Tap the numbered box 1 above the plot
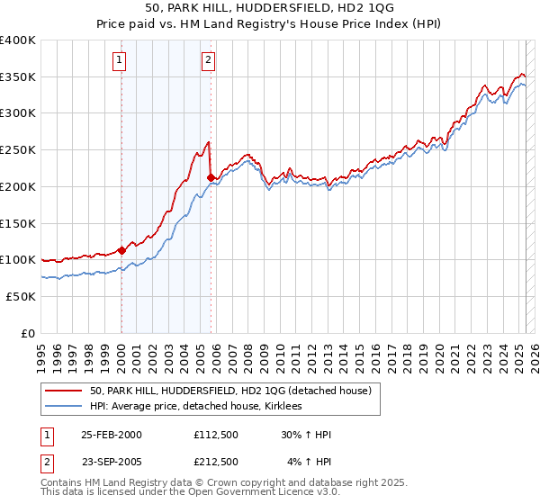(x=120, y=60)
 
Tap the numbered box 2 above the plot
(x=208, y=60)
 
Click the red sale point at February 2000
(x=121, y=251)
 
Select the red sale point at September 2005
(x=210, y=177)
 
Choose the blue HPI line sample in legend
(x=64, y=406)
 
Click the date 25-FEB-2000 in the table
(x=112, y=435)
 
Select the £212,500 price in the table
(x=215, y=462)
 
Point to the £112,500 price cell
(x=215, y=435)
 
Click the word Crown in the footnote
(x=237, y=484)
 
